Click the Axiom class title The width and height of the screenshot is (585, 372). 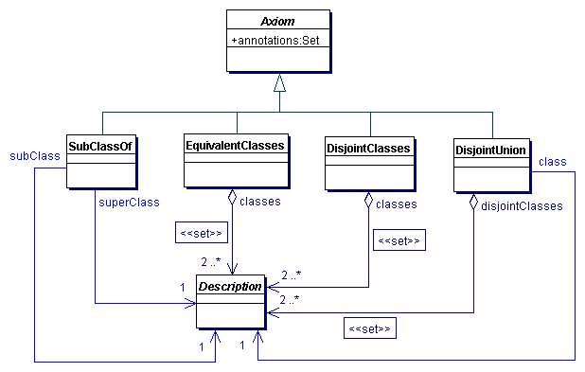click(x=277, y=19)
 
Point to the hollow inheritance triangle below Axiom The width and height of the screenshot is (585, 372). click(x=278, y=82)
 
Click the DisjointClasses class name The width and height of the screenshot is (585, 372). click(x=369, y=148)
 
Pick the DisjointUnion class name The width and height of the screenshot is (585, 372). click(x=490, y=150)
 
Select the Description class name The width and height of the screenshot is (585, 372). click(x=229, y=285)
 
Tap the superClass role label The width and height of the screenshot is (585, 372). click(x=129, y=201)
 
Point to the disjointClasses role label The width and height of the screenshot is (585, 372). click(x=522, y=204)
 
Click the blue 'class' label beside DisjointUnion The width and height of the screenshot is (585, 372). click(x=552, y=162)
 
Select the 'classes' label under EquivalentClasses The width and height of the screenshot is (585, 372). click(x=260, y=201)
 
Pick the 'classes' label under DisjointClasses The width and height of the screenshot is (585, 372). click(x=397, y=204)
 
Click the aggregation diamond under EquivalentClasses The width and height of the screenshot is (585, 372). click(x=233, y=198)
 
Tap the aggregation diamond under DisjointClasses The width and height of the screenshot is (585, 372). click(x=368, y=200)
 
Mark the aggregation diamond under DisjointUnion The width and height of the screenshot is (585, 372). click(x=472, y=202)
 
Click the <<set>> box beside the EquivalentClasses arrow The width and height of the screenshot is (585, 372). click(x=201, y=231)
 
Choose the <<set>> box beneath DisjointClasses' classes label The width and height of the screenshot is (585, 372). click(x=398, y=241)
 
